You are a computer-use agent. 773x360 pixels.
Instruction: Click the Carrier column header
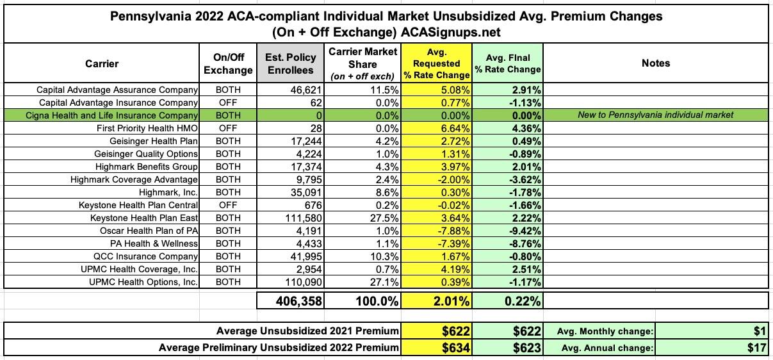tap(101, 63)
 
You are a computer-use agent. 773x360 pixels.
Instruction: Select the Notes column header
tap(655, 63)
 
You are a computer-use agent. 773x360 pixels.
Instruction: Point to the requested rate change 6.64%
tap(453, 128)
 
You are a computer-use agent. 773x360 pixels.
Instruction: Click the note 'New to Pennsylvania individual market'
tap(655, 115)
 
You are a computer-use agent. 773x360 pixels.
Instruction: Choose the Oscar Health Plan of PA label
tap(149, 231)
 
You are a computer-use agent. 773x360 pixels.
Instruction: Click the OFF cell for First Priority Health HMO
tap(228, 128)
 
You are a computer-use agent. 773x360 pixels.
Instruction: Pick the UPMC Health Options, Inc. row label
tap(135, 282)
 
